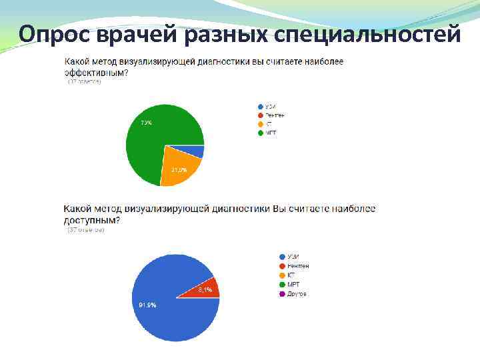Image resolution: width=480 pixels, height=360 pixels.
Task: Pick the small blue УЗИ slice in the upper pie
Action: tap(197, 151)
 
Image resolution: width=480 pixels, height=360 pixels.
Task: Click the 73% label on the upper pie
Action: tap(145, 123)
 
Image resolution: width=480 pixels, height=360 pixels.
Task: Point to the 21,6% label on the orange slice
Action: tap(179, 170)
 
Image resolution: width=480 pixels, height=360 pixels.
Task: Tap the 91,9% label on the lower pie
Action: tap(147, 305)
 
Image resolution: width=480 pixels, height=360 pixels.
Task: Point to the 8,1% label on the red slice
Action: tap(205, 290)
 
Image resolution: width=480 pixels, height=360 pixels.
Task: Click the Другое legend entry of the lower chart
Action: tap(297, 293)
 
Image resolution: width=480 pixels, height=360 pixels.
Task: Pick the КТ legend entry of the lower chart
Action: tap(291, 275)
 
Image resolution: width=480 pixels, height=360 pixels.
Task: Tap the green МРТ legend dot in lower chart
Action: tap(282, 285)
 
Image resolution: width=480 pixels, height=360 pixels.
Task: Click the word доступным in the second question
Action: tap(92, 220)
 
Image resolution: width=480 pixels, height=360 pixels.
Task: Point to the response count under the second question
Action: tap(85, 230)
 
